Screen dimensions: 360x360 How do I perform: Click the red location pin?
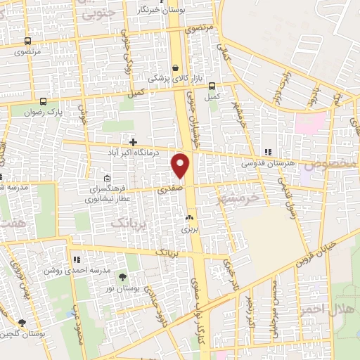pos(181,165)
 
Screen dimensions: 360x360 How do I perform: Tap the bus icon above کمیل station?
pos(212,85)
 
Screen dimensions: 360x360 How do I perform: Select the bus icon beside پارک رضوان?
pos(44,101)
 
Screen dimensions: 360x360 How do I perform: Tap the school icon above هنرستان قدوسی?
pos(267,151)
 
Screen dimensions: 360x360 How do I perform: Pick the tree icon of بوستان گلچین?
pos(22,323)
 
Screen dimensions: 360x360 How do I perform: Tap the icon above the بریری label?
pos(188,219)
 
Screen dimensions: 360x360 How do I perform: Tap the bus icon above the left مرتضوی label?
pos(27,41)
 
